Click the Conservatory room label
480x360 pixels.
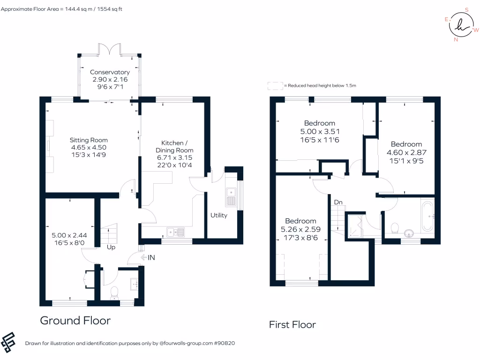[110, 72]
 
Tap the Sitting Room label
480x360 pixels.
[89, 140]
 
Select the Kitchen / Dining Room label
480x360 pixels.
[174, 142]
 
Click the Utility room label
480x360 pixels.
[218, 215]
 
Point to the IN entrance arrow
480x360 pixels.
[148, 257]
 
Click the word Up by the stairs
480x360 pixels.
[111, 247]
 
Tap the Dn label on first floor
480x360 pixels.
[338, 202]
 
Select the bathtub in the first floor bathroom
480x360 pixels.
[427, 216]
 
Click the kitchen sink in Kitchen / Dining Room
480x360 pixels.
[176, 231]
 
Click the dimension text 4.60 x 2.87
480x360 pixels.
[406, 152]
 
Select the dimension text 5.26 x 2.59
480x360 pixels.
[300, 229]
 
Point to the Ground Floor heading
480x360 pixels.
[75, 321]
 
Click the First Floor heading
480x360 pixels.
[292, 324]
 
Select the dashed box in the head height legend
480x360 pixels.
[275, 86]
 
